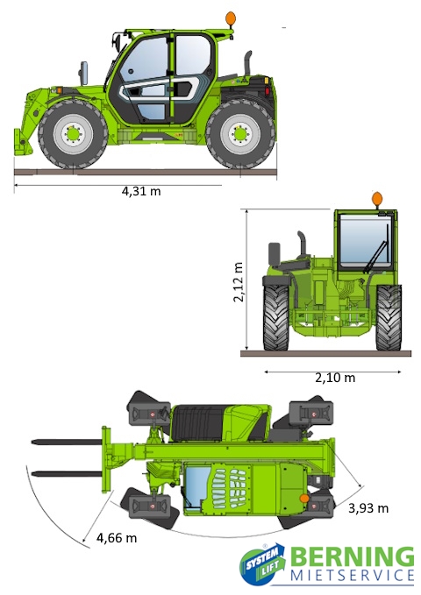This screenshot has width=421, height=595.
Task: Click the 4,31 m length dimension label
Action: (x=141, y=191)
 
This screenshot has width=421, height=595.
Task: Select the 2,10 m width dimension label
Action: (x=335, y=378)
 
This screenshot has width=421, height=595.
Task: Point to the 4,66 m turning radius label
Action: (x=117, y=538)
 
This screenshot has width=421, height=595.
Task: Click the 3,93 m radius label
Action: (x=368, y=508)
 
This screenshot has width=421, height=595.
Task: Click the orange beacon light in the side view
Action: (x=231, y=18)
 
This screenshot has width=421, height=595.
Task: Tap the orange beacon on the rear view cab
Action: (x=377, y=199)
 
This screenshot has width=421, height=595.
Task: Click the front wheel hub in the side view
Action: (x=73, y=133)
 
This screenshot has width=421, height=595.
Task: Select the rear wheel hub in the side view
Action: (x=240, y=134)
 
